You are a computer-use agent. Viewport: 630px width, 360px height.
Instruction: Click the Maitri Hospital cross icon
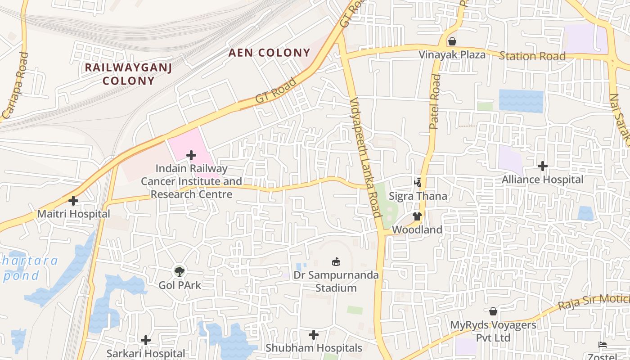[73, 200]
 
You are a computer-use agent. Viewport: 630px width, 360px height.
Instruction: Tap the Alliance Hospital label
[542, 180]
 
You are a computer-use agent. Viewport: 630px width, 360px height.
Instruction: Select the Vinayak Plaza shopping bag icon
[452, 41]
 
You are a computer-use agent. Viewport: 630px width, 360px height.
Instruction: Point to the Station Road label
[532, 56]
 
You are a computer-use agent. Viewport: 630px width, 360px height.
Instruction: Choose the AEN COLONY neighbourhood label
[269, 53]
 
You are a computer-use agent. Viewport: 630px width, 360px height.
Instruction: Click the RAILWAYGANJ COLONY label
[129, 74]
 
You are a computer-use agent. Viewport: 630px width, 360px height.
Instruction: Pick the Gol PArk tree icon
[180, 271]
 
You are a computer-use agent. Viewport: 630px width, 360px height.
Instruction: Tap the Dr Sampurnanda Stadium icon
[336, 261]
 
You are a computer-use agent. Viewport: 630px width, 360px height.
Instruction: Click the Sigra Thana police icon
[418, 183]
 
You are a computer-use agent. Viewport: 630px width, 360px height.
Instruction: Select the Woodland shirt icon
[417, 216]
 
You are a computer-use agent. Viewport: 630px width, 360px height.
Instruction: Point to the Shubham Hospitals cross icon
[314, 335]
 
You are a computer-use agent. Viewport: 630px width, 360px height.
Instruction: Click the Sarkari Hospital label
[145, 354]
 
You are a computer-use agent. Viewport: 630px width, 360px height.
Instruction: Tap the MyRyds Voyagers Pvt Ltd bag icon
[493, 311]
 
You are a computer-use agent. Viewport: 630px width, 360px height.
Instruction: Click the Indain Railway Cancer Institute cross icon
[191, 155]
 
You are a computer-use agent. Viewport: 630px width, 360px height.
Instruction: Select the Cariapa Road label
[15, 85]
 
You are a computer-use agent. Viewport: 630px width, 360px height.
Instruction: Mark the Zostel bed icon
[603, 345]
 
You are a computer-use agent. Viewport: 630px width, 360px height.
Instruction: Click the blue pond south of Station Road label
[521, 101]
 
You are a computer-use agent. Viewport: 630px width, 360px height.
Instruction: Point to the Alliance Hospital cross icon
[543, 166]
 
